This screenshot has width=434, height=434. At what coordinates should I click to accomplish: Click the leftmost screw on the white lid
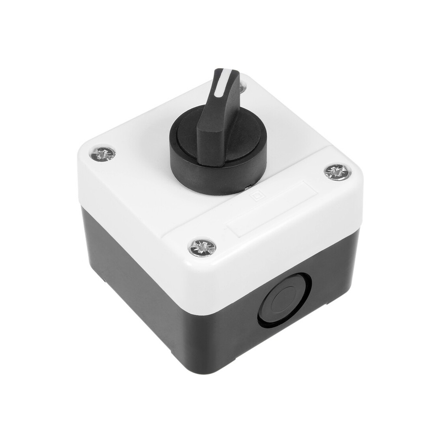[103, 153]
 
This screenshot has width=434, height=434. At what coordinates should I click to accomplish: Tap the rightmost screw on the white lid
[337, 171]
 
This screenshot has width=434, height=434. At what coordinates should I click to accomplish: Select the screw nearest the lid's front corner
[202, 247]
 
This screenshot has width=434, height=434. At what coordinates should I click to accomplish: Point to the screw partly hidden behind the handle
[242, 87]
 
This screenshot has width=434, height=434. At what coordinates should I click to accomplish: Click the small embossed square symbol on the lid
[257, 197]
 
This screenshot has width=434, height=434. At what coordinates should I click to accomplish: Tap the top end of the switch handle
[227, 72]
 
